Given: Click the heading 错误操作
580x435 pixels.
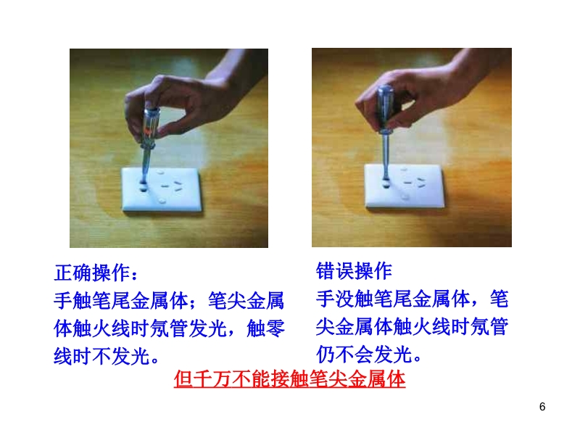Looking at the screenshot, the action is click(354, 271).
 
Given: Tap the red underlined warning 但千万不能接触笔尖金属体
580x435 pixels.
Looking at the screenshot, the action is click(289, 378).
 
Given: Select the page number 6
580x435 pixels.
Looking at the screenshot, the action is click(542, 407).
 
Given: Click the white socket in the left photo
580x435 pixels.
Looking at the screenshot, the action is click(162, 190).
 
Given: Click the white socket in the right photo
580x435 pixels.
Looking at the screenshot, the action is click(405, 186).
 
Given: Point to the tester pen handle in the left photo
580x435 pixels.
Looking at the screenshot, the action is click(151, 126).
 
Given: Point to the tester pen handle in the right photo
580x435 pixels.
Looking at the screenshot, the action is click(386, 109).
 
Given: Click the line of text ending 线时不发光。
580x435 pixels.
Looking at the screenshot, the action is click(107, 356).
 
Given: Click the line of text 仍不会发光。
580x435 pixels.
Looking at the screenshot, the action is click(369, 354).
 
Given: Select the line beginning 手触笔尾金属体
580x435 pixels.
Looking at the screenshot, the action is click(169, 300).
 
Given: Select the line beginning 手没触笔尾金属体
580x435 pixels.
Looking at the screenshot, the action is click(412, 299).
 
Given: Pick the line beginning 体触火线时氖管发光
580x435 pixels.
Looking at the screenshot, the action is click(169, 328).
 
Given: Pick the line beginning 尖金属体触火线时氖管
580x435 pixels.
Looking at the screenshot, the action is click(412, 326).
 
